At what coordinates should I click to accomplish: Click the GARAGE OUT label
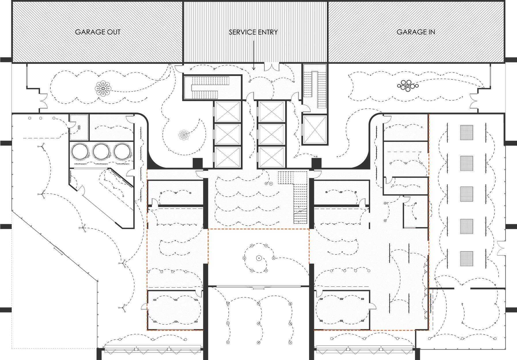(x=98, y=32)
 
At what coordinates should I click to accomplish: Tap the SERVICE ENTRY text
(x=253, y=32)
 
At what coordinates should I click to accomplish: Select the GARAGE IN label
(x=416, y=32)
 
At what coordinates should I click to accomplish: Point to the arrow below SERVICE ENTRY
(x=253, y=55)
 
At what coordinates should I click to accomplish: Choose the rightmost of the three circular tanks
(x=122, y=151)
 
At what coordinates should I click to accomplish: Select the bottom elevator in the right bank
(x=271, y=157)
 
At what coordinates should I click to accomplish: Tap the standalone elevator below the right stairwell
(x=315, y=129)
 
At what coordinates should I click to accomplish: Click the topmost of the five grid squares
(x=467, y=132)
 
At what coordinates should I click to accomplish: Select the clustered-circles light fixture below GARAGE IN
(x=408, y=85)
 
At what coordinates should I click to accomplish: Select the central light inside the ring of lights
(x=259, y=258)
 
